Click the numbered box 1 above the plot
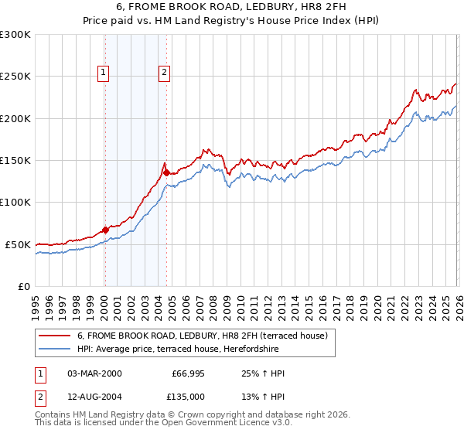point(104,73)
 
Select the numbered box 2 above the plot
point(165,73)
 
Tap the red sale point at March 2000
point(105,230)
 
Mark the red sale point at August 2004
point(166,172)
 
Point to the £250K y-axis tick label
point(15,77)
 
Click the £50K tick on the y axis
point(19,244)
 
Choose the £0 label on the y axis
point(25,286)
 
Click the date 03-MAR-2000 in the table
point(94,373)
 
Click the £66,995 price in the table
point(188,373)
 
